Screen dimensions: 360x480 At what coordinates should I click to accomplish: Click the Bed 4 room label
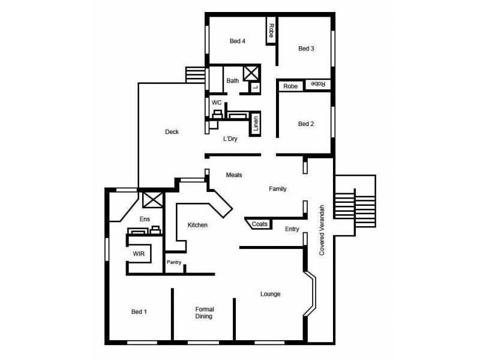coord(238,41)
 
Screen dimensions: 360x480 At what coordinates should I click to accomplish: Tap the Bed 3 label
coord(306,49)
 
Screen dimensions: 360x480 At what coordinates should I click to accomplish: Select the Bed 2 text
coord(306,124)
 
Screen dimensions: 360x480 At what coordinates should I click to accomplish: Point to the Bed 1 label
coord(139,311)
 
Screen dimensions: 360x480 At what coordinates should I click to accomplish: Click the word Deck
coord(172,132)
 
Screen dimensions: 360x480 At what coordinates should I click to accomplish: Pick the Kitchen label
coord(197,225)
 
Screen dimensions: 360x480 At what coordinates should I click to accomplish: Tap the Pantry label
coord(174,262)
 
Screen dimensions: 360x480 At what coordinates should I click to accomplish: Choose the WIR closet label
coord(139,254)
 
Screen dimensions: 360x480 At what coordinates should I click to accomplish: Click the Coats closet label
coord(259,224)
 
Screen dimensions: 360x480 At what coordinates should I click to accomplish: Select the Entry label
coord(292,229)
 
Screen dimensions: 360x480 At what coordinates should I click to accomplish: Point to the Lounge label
coord(271,294)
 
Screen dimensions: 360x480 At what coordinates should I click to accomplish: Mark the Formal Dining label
coord(205,313)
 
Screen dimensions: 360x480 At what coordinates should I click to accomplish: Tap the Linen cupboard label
coord(256,122)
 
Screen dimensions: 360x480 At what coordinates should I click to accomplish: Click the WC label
coord(217,103)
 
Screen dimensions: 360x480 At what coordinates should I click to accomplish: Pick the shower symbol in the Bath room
coord(251,74)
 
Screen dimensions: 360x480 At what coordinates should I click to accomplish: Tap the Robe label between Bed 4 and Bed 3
coord(271,29)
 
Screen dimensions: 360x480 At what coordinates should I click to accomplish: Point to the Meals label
coord(234,175)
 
